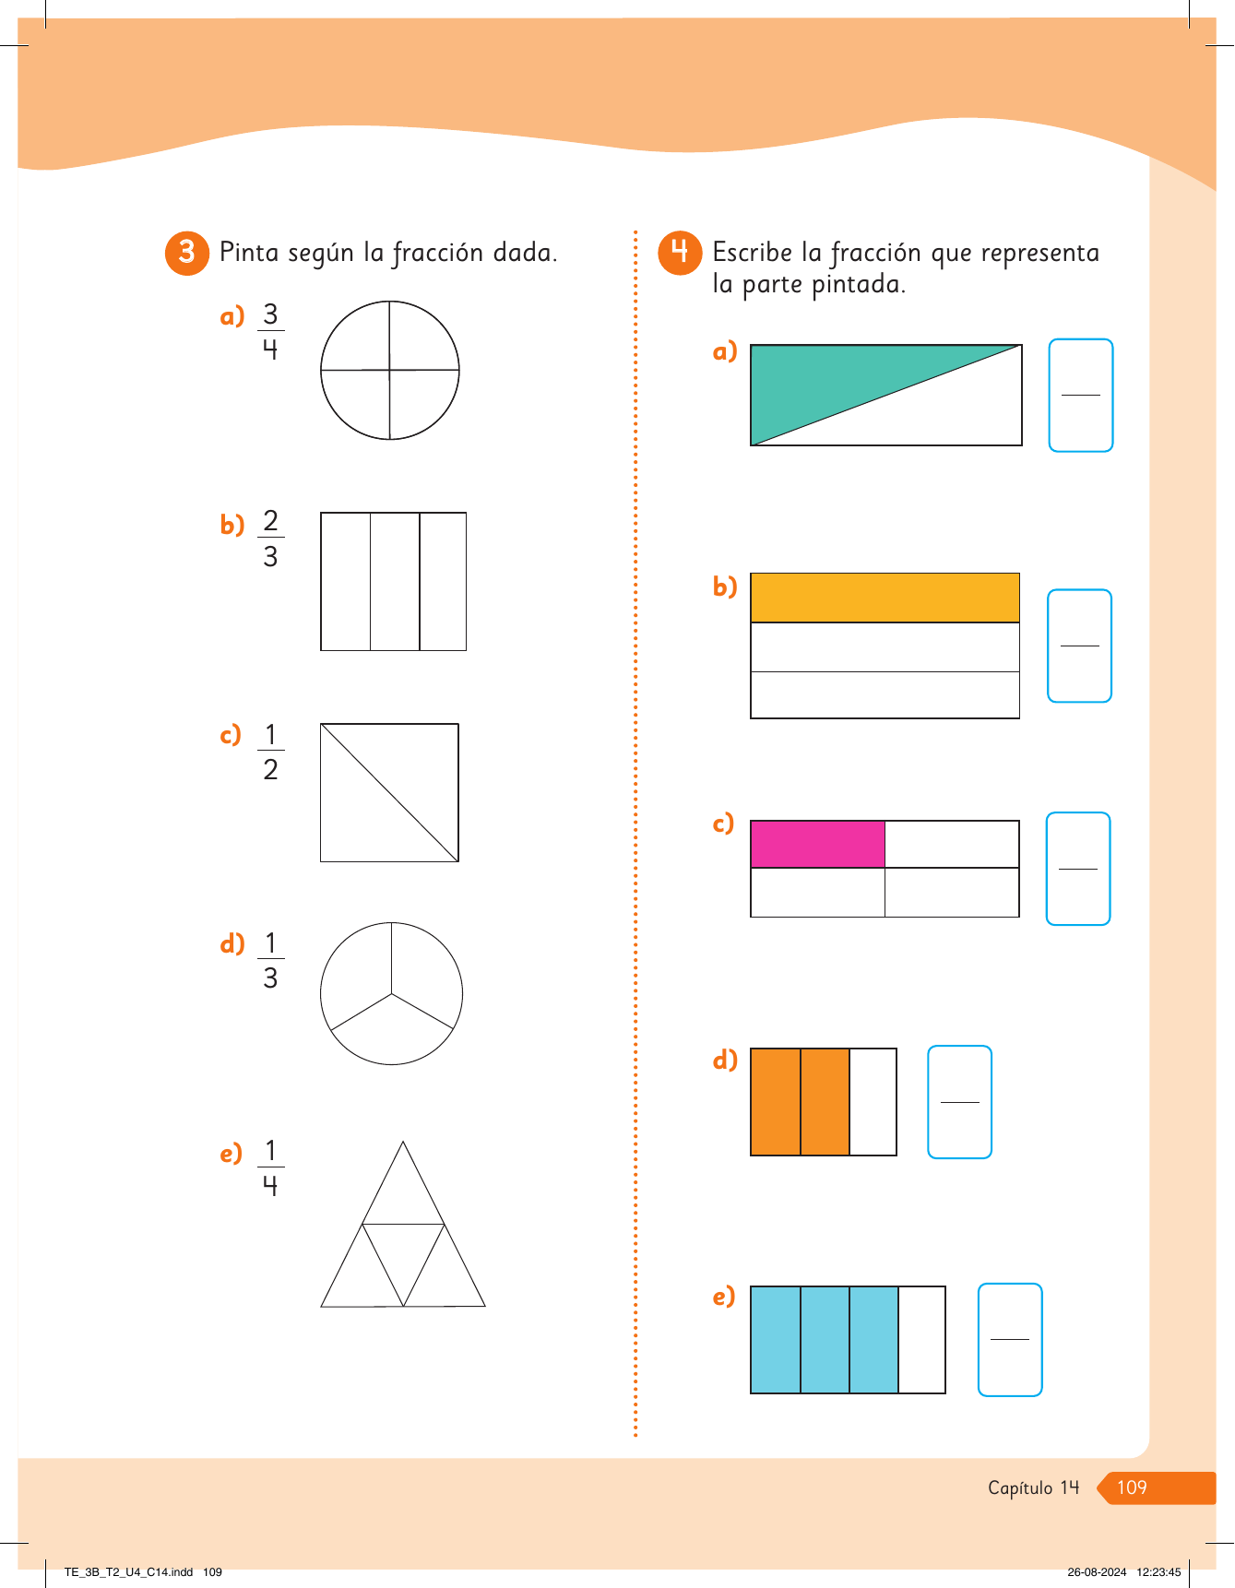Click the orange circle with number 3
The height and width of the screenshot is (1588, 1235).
[x=187, y=253]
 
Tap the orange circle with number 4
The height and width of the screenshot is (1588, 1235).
[x=680, y=253]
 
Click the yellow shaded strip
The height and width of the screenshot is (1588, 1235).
[x=885, y=598]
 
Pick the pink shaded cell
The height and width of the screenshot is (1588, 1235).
[x=818, y=844]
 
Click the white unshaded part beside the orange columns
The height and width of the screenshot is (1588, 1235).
[x=873, y=1102]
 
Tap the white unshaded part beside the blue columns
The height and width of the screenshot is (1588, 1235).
[x=921, y=1340]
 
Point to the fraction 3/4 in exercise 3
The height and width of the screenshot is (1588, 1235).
[x=270, y=331]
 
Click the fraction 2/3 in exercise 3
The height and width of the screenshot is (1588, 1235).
[x=270, y=538]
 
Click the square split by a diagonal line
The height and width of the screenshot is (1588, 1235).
[x=389, y=793]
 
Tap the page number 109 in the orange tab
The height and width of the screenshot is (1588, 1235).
[x=1132, y=1487]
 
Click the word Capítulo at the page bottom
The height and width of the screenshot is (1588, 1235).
[x=1020, y=1487]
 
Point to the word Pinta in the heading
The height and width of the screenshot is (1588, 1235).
[x=249, y=252]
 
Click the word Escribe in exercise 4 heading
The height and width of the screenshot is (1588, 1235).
[x=753, y=252]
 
